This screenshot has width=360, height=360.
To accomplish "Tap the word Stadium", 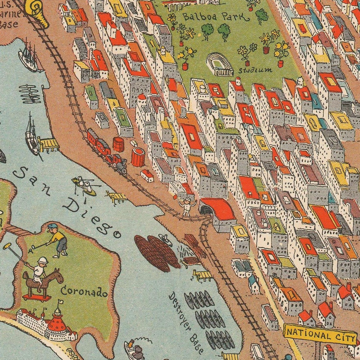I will click(x=255, y=70).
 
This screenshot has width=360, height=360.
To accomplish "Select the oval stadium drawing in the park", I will click(x=219, y=64).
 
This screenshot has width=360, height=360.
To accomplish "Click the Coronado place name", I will click(x=84, y=292).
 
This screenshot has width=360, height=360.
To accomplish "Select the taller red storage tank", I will click(x=138, y=157).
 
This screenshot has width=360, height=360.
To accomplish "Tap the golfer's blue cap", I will click(x=52, y=226).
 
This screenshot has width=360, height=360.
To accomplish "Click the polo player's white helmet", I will click(x=42, y=261).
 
